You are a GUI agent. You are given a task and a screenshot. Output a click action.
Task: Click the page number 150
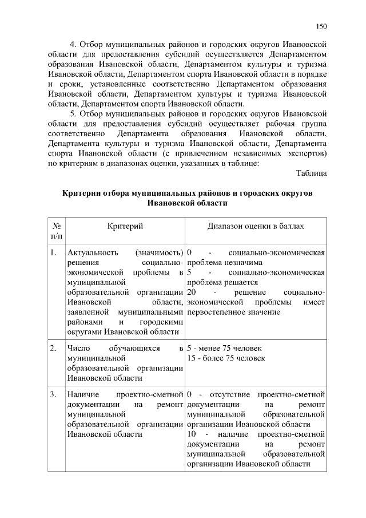click(321, 26)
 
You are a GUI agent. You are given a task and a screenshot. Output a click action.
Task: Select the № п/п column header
click(57, 231)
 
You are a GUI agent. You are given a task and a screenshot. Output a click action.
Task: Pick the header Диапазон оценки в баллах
click(256, 227)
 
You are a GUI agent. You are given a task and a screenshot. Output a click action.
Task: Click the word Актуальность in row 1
click(93, 252)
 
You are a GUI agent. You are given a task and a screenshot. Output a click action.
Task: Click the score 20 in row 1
click(192, 292)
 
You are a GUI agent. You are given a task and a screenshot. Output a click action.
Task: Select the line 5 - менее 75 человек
click(224, 348)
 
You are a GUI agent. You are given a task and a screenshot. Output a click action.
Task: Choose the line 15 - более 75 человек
click(226, 358)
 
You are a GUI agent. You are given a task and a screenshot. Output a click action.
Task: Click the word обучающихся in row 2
click(132, 348)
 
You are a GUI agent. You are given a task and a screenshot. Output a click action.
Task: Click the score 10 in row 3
click(192, 434)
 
